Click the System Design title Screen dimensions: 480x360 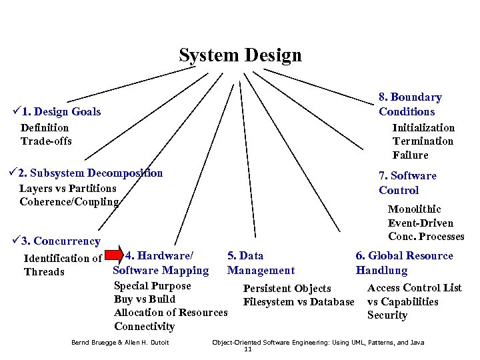[240, 55]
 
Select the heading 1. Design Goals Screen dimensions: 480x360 [66, 112]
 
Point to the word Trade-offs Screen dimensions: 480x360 [46, 141]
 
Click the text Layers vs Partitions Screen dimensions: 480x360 [67, 188]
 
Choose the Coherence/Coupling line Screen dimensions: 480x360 [69, 201]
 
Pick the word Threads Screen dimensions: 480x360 [44, 272]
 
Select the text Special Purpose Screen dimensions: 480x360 [152, 286]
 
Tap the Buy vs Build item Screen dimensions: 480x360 [145, 299]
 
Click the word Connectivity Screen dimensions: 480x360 [144, 326]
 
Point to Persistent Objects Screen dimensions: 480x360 [287, 289]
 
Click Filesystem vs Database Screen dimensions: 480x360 [299, 302]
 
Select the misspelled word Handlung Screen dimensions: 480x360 [381, 271]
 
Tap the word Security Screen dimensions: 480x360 [387, 315]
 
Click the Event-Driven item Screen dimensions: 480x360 [421, 223]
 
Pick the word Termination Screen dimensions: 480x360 [423, 141]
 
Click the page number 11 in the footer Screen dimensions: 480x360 [248, 349]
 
